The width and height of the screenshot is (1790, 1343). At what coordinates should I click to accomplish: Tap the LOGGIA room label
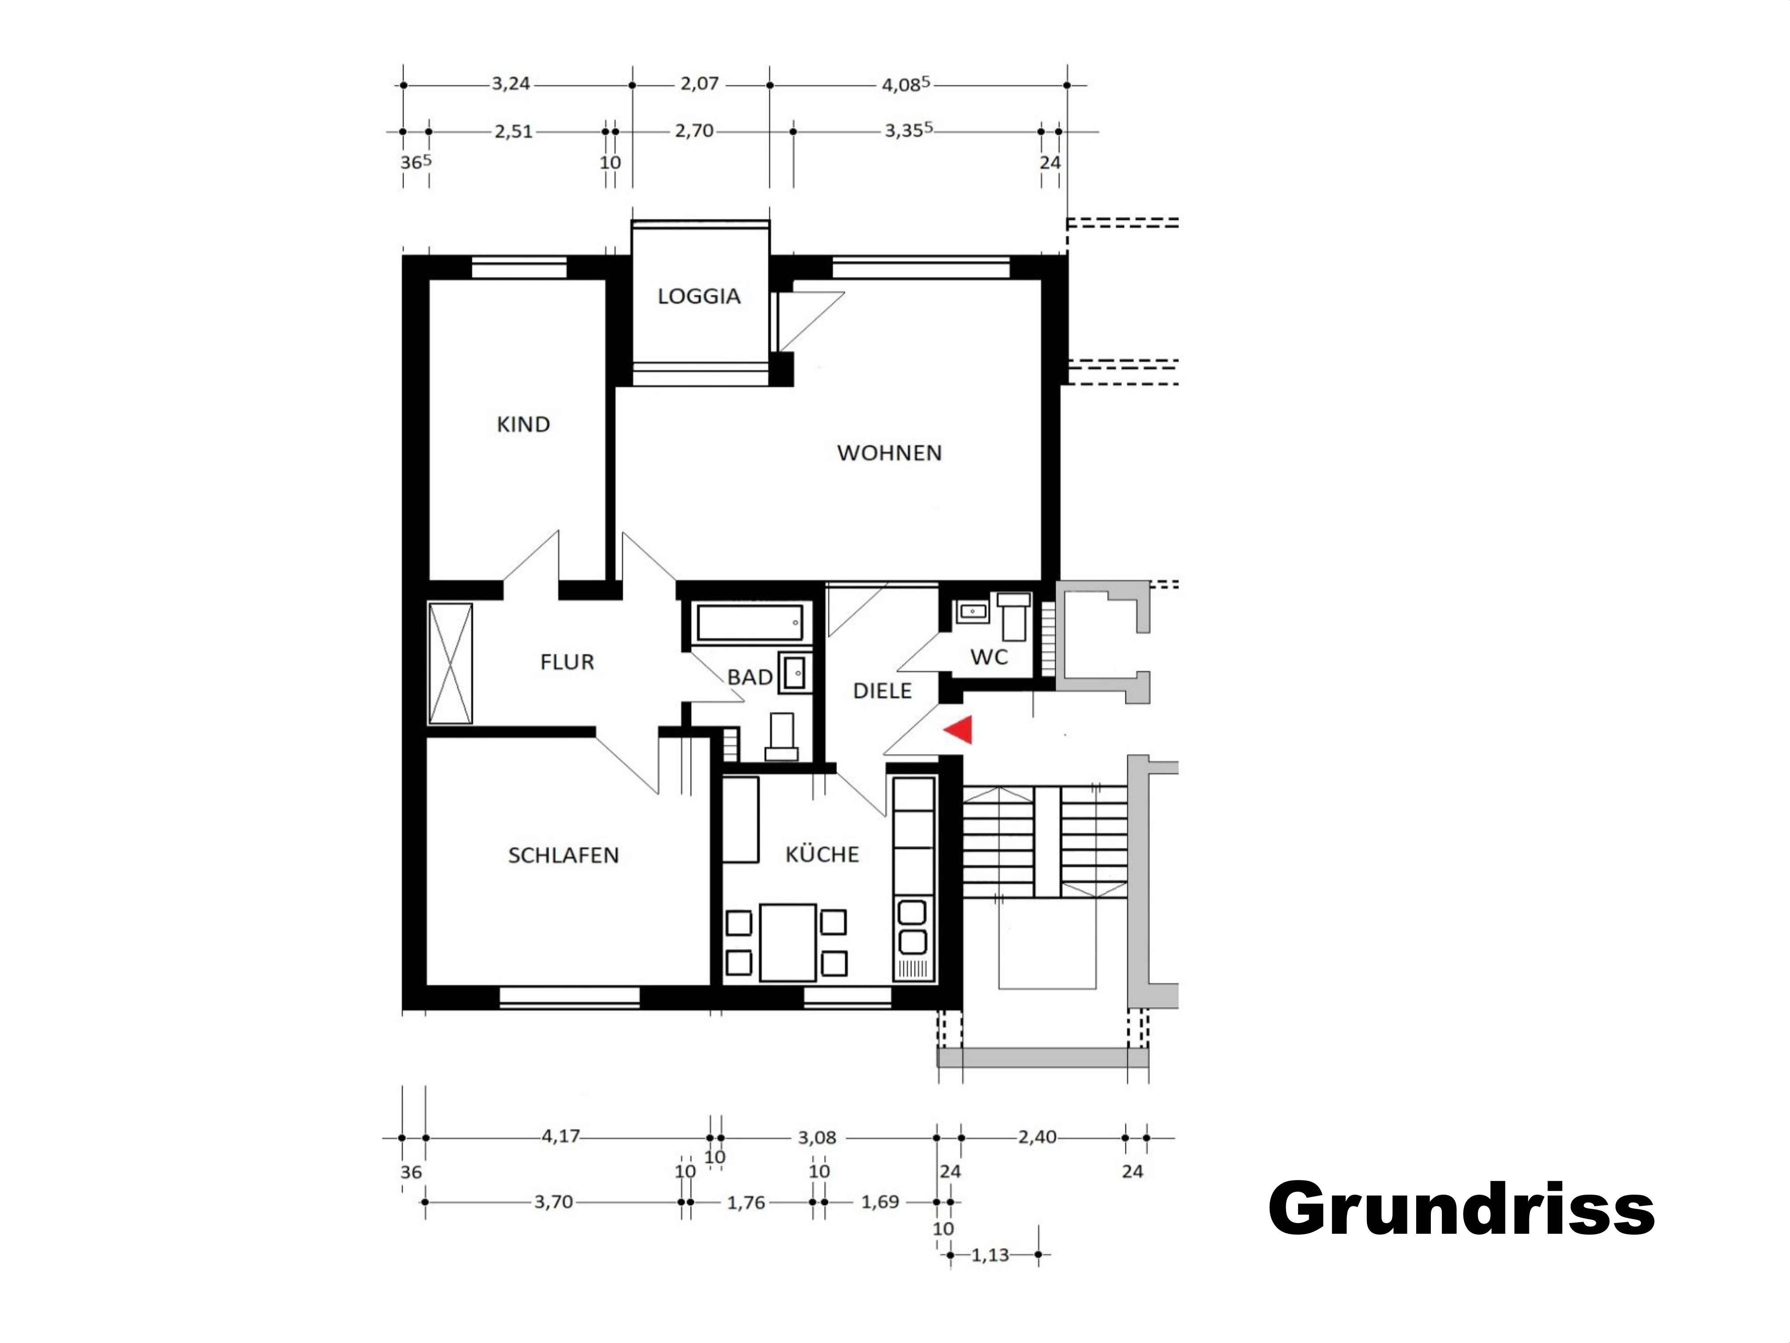tap(699, 296)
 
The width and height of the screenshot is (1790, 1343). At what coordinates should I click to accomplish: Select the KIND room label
tap(523, 424)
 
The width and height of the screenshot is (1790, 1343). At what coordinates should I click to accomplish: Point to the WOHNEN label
tap(889, 453)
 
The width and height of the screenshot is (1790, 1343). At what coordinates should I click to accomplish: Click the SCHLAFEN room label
tap(563, 856)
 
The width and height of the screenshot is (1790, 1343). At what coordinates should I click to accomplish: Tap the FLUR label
tap(567, 662)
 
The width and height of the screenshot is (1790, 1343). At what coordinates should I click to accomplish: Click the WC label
tap(989, 656)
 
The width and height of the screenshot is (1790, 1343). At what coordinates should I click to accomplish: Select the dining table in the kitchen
tap(788, 942)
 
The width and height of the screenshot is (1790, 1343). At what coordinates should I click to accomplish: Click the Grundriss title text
tap(1461, 1208)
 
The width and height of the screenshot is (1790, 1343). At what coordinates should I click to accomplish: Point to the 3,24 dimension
tap(511, 83)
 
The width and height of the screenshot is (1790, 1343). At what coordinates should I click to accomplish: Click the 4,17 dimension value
tap(561, 1136)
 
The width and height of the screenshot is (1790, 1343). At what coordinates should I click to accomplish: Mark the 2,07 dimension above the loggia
tap(699, 83)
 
